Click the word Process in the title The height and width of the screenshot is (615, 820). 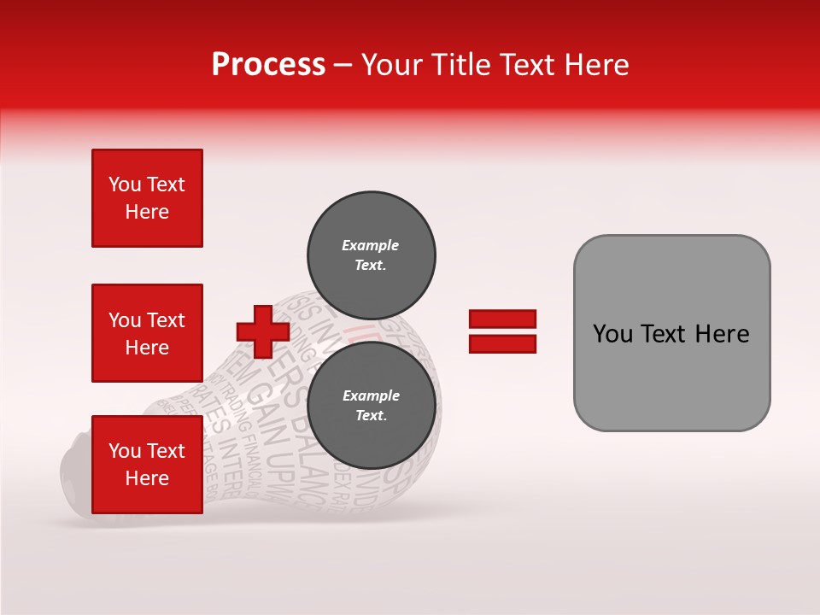(x=268, y=65)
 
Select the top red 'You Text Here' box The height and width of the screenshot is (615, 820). (x=147, y=198)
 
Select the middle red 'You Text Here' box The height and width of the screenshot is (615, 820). (x=147, y=333)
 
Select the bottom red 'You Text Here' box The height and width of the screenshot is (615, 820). (x=147, y=465)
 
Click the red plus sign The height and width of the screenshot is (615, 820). (x=263, y=330)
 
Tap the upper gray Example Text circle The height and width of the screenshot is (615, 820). (x=371, y=255)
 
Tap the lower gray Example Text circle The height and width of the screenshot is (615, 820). (x=371, y=405)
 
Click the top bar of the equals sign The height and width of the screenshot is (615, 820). (x=502, y=319)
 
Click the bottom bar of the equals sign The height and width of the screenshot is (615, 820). (x=502, y=343)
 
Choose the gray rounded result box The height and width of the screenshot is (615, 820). (x=671, y=333)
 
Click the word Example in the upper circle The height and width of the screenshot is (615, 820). (x=370, y=245)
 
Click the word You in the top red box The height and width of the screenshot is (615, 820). (x=125, y=184)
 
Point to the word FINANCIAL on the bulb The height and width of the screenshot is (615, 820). (x=255, y=456)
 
